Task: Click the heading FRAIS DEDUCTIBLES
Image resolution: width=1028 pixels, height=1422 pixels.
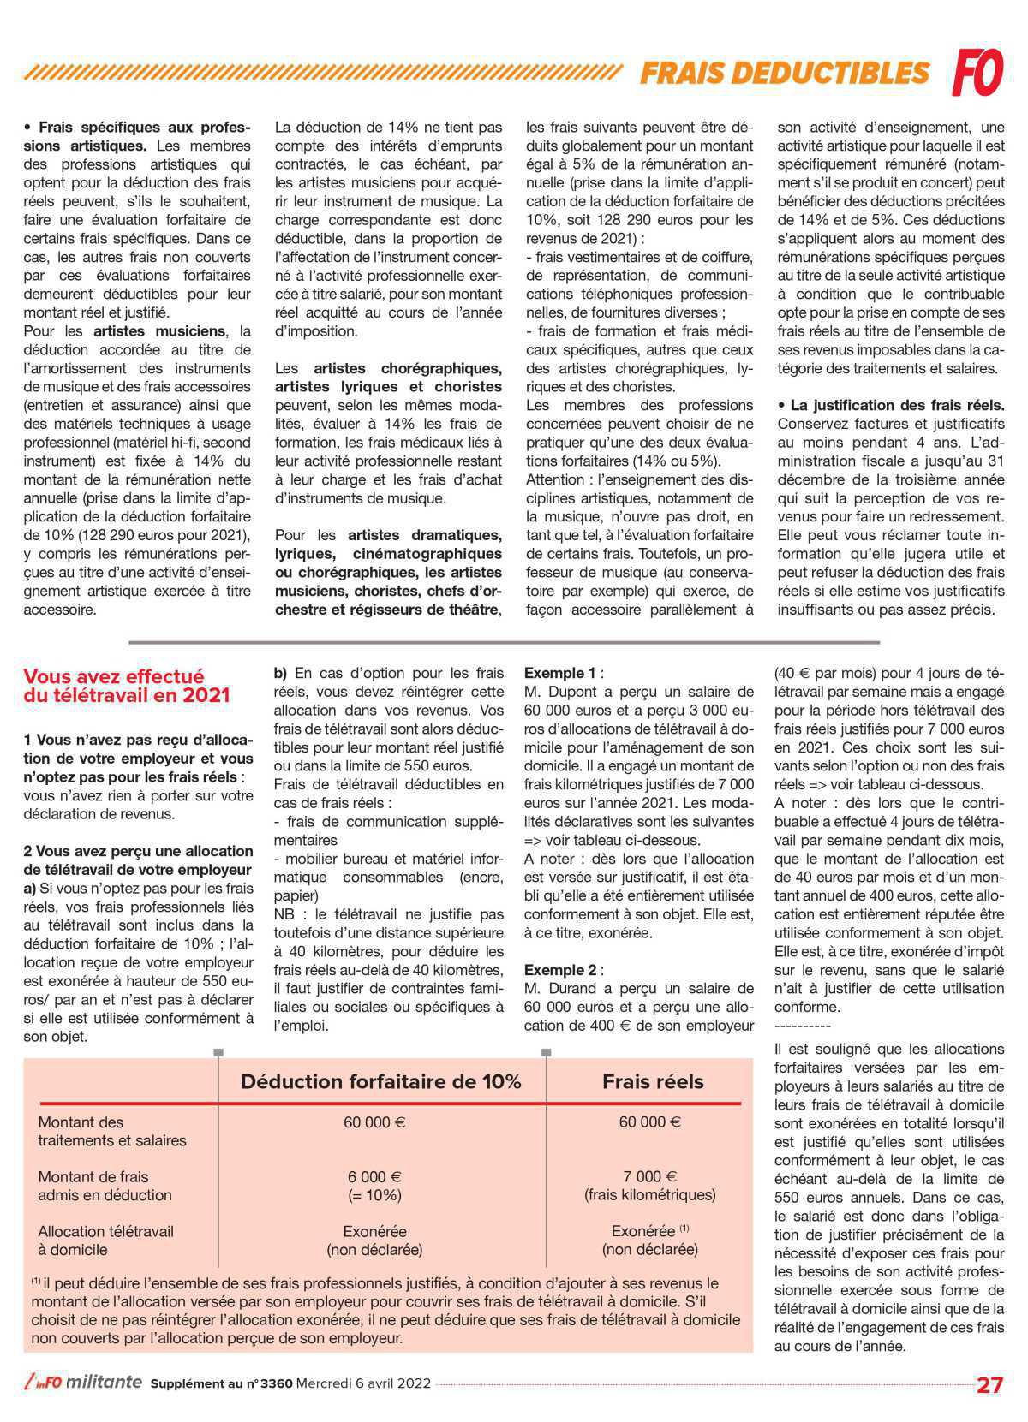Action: (784, 74)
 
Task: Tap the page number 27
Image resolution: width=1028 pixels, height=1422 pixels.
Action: (989, 1385)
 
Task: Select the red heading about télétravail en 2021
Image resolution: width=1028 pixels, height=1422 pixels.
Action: (127, 686)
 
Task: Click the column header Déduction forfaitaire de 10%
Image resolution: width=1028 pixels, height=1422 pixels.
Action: (380, 1081)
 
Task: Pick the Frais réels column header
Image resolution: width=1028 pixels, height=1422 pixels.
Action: (653, 1081)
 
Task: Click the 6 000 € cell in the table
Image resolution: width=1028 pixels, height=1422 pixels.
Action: (374, 1176)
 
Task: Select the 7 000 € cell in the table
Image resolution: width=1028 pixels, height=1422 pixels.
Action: (649, 1176)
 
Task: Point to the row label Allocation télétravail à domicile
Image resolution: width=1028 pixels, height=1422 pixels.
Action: (105, 1240)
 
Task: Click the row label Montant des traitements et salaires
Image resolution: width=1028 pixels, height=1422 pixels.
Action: (111, 1131)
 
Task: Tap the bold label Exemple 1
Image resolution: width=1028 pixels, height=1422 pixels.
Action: (559, 673)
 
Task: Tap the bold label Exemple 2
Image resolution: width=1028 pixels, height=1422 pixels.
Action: (559, 970)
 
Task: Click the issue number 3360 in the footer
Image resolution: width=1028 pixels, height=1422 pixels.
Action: (276, 1383)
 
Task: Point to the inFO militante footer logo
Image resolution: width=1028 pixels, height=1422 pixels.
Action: (84, 1383)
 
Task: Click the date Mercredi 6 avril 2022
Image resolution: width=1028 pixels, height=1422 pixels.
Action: (363, 1383)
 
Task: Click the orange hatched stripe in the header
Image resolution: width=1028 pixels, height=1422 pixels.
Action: (326, 73)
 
